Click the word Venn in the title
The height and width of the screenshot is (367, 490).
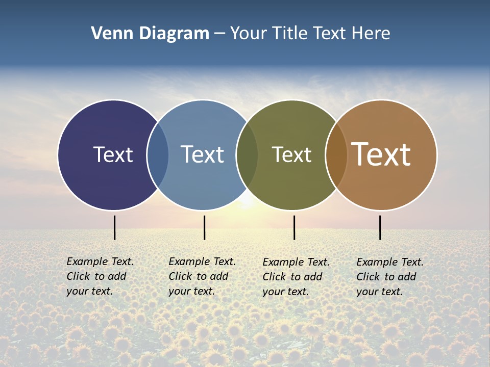point(109,34)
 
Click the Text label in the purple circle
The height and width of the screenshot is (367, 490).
point(113,154)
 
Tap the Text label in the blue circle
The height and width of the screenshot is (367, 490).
point(202,154)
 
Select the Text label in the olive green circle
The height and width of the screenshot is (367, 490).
point(291,155)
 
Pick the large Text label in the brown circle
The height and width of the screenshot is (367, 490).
point(381,154)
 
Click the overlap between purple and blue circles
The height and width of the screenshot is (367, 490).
point(158,155)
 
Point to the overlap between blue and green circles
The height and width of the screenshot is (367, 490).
point(247,155)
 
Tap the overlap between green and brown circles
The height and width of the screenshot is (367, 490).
point(336,155)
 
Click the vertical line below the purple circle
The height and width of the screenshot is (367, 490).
point(115,227)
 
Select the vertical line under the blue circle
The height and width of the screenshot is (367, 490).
point(204,227)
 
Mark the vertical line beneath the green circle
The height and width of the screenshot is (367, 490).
point(294,227)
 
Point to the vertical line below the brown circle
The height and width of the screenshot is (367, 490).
point(380,227)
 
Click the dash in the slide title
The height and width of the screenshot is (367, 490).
point(219,34)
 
